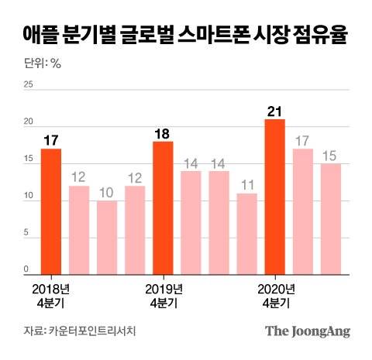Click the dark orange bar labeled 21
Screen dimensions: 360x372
[x=274, y=197]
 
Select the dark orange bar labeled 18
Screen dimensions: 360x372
[x=163, y=209]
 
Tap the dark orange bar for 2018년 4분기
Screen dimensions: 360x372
[x=51, y=212]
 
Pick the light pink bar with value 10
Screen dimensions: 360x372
[x=107, y=238]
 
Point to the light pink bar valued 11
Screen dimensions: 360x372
[x=246, y=235]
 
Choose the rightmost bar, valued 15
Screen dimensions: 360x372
[x=331, y=220]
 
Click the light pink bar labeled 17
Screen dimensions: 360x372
[x=303, y=212]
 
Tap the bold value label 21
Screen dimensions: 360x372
[x=274, y=110]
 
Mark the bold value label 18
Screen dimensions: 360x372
[x=163, y=132]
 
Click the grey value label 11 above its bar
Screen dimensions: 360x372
[x=246, y=185]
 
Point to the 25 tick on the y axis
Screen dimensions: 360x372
[x=29, y=86]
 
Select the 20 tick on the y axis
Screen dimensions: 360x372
[x=29, y=123]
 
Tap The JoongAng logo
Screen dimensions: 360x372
[x=308, y=332]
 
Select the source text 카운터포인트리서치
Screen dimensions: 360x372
[x=97, y=331]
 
